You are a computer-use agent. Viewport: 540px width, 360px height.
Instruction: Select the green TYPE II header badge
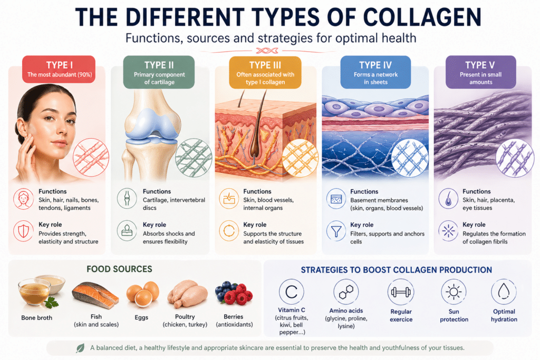coord(159,72)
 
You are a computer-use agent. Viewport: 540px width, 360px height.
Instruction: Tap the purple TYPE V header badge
coord(481,72)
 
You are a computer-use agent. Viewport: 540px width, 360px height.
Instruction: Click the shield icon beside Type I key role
coord(23,231)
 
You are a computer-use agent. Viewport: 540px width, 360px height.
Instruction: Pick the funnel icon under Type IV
coord(336,231)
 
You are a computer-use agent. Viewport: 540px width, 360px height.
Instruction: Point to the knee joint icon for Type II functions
coord(127,198)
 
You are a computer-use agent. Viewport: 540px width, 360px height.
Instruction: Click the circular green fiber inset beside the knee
coord(194,158)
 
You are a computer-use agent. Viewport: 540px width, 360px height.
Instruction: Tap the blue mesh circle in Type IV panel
coord(410,158)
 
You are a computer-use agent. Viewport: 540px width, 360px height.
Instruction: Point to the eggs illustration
coord(142,294)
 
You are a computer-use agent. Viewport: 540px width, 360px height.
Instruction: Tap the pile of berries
coord(234,293)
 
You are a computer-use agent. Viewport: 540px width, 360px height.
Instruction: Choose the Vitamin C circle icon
coord(291,292)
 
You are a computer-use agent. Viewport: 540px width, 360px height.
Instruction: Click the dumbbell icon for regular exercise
coord(401,292)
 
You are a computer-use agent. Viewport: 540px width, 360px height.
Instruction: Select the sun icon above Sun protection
coord(454,292)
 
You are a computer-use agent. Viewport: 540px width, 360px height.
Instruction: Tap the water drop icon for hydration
coord(504,292)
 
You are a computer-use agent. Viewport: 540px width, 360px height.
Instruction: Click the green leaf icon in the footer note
coord(80,348)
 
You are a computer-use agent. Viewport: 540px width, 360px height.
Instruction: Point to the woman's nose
coord(63,130)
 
